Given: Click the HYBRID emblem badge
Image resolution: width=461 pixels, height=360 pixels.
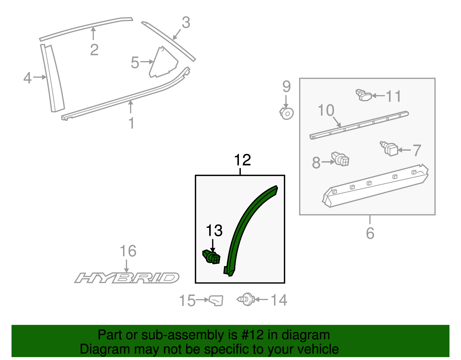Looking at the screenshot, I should point(127,278).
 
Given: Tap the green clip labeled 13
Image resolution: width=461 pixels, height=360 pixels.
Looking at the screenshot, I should point(212,257).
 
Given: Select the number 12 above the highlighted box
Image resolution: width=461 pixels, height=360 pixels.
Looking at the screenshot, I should point(242,160).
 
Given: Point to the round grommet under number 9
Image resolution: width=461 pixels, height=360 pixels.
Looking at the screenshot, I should point(287,113).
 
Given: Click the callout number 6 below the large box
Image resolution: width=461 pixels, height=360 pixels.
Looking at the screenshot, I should point(370,233).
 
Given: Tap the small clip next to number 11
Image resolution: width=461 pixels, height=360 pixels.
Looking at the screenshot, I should point(364,95).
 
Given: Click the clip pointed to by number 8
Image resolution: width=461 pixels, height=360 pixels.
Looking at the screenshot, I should point(341,159).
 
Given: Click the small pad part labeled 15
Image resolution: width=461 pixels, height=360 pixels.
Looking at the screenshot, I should point(216,300).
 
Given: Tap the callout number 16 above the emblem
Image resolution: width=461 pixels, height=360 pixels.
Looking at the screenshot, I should point(128,251).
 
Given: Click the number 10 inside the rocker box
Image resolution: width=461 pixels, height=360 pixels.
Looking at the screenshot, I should point(326,110).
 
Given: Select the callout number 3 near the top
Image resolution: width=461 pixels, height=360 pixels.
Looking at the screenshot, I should point(186,22).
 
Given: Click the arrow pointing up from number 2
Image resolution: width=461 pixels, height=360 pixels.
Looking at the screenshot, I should point(93,33).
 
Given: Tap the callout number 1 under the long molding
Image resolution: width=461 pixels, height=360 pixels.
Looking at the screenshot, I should point(131,123).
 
